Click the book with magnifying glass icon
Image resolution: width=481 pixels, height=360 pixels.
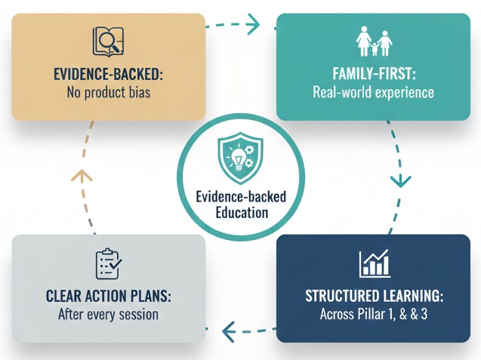107,42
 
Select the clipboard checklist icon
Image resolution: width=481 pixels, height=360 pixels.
109,264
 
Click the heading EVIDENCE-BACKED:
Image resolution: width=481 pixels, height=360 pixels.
108,75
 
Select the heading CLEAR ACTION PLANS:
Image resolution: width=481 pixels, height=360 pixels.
108,296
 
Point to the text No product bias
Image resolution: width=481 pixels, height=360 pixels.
108,94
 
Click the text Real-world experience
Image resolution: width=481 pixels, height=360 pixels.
373,93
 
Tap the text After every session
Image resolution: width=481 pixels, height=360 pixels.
108,314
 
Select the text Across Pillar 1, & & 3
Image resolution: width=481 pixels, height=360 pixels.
373,313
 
